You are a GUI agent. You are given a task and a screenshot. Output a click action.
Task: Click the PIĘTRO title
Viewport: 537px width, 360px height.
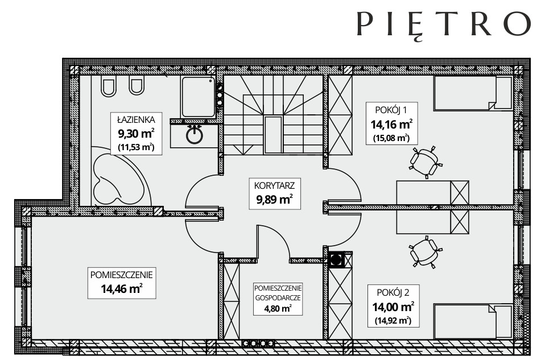[x=443, y=24]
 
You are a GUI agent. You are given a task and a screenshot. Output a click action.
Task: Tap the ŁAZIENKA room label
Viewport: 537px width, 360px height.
[x=136, y=120]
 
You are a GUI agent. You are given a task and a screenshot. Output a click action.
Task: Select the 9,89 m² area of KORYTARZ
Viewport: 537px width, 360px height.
[x=275, y=199]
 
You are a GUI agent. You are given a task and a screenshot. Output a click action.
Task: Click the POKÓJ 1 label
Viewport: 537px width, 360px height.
[x=391, y=110]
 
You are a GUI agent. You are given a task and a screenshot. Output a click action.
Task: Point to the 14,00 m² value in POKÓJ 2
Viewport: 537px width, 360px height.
[x=393, y=307]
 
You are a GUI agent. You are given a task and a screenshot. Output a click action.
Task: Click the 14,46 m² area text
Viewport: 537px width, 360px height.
[x=122, y=289]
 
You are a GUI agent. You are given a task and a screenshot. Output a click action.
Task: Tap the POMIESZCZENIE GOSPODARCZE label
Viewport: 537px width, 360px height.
[x=278, y=292]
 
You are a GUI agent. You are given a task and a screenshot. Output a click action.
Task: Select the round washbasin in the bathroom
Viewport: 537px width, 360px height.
[x=195, y=134]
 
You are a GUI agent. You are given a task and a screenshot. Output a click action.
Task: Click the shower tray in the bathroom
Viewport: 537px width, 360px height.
[x=199, y=97]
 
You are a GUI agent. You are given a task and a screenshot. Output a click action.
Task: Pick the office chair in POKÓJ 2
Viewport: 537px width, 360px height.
[x=425, y=252]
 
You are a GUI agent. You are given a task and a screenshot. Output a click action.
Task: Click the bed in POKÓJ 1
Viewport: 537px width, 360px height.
[x=473, y=93]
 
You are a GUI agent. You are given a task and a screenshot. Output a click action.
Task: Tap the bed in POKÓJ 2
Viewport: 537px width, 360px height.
[x=473, y=321]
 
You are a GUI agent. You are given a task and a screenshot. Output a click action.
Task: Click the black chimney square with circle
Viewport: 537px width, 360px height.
[x=336, y=260]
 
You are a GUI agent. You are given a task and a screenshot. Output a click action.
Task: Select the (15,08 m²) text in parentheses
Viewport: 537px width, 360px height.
[x=391, y=138]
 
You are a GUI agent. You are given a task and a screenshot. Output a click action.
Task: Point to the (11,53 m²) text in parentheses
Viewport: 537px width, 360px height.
[x=136, y=148]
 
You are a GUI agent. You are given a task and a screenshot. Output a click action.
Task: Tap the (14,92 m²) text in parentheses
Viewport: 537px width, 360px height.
[x=393, y=321]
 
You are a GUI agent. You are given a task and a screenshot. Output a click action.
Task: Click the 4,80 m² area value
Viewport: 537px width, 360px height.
[x=278, y=309]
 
